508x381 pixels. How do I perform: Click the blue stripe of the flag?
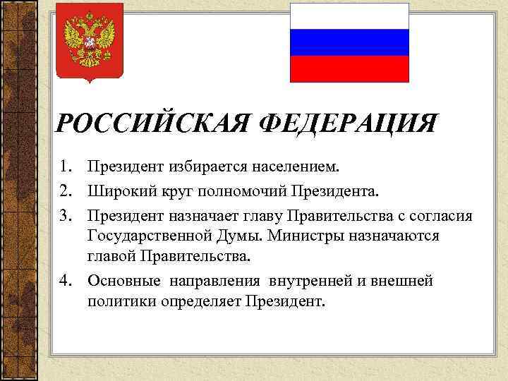pos(349,42)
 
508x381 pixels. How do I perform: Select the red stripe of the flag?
pos(349,68)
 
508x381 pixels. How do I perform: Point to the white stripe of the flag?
pos(349,16)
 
